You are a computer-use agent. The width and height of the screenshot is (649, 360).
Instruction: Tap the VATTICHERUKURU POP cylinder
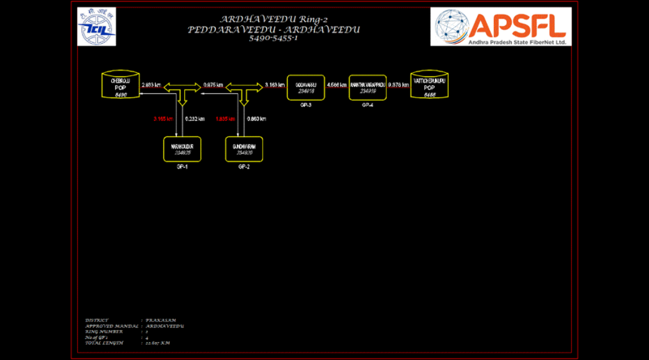coord(430,86)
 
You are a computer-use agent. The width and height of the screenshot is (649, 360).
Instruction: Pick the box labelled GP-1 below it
coord(182,150)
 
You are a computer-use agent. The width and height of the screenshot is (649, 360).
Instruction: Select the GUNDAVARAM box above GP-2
coord(243,150)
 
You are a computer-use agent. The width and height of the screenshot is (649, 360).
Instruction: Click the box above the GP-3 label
coord(306,87)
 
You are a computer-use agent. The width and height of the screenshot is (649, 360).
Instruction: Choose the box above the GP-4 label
coord(367,87)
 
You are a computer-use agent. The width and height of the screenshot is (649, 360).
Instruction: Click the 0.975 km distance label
coord(213,84)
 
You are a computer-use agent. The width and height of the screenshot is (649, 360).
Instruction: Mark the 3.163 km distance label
coord(275,84)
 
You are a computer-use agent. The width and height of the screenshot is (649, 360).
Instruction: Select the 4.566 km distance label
coord(337,84)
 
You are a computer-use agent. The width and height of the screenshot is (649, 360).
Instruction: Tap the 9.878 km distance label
coord(398,84)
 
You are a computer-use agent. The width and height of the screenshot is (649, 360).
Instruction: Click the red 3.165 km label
coord(163,119)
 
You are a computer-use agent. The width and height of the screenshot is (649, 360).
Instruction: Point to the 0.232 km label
coord(196,119)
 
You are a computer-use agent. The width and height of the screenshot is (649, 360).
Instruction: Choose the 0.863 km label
coord(256,119)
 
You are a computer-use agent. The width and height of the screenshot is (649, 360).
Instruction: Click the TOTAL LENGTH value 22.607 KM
coord(159,344)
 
